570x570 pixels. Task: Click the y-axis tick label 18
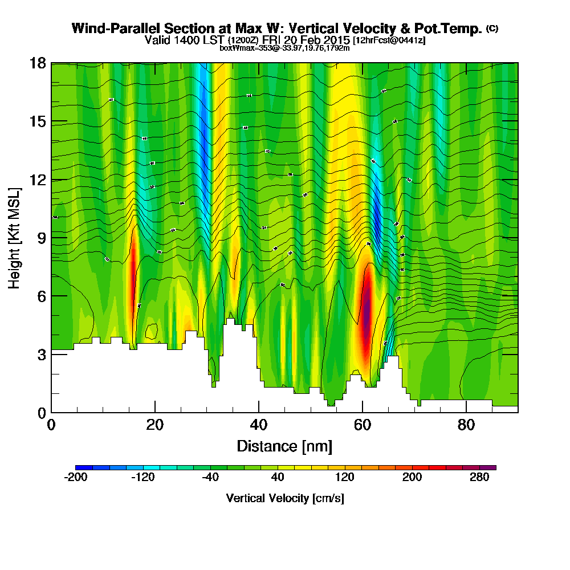(x=38, y=63)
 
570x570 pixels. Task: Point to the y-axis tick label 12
(x=38, y=180)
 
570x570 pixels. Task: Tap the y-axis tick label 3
(x=41, y=354)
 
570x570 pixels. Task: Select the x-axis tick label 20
(x=155, y=425)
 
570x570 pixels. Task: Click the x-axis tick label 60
(x=363, y=425)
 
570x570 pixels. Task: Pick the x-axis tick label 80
(x=466, y=425)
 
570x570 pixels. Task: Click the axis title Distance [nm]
(x=284, y=445)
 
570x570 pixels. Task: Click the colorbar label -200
(x=76, y=478)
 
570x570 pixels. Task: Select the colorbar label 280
(x=480, y=478)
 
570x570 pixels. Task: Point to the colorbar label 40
(x=278, y=478)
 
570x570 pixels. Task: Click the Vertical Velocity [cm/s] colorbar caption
(x=284, y=498)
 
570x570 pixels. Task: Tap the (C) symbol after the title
(x=492, y=28)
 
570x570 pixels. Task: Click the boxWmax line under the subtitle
(x=284, y=48)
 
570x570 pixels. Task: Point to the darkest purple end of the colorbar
(x=492, y=467)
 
